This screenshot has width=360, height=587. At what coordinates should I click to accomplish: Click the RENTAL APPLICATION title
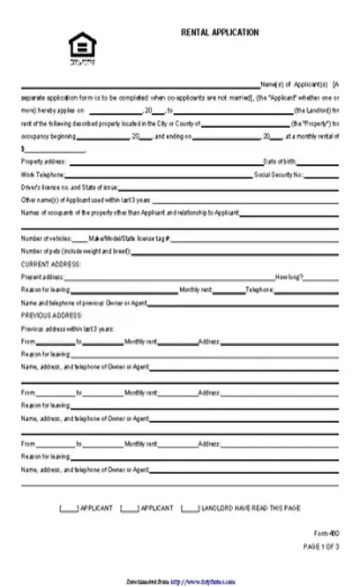tap(220, 33)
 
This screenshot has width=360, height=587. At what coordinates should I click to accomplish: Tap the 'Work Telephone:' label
tap(41, 176)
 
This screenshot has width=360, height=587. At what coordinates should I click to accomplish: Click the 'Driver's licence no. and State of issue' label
tap(64, 188)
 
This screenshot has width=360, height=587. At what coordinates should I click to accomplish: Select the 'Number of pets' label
tap(75, 252)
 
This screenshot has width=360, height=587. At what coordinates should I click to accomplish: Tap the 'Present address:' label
tap(42, 277)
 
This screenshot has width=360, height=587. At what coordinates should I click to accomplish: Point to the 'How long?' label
tap(289, 277)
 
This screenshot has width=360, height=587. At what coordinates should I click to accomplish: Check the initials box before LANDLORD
tap(189, 508)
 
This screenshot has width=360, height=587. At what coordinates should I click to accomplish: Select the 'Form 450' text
tap(326, 534)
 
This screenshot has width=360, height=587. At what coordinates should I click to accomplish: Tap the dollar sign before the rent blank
tap(22, 150)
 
